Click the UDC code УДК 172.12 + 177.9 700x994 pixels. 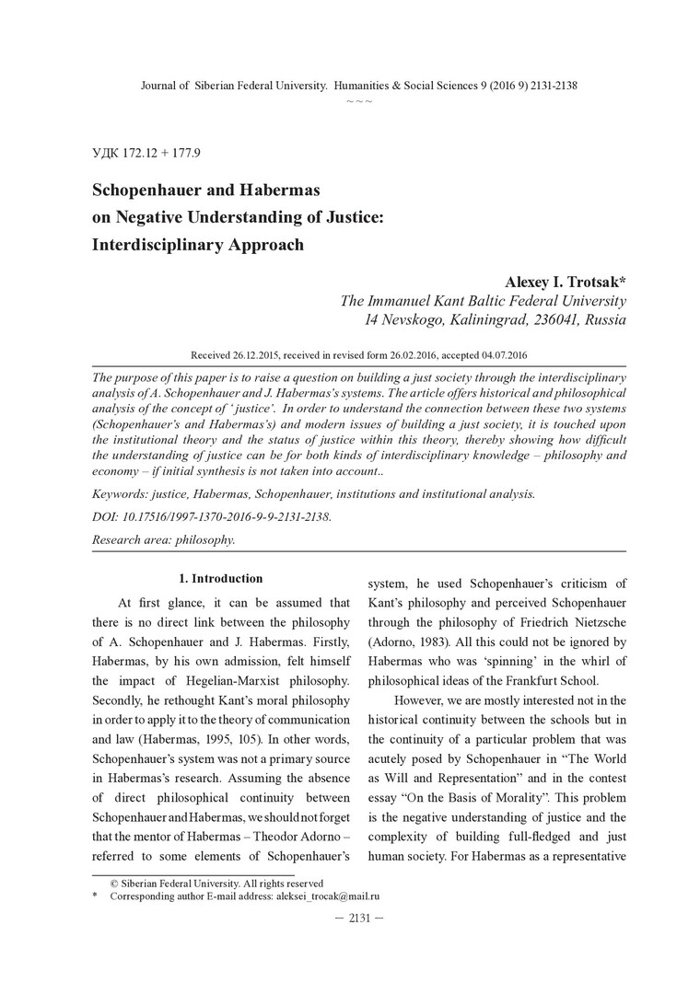[x=147, y=152]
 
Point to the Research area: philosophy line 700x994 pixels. [x=163, y=539]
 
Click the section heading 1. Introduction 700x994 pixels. [x=220, y=579]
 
